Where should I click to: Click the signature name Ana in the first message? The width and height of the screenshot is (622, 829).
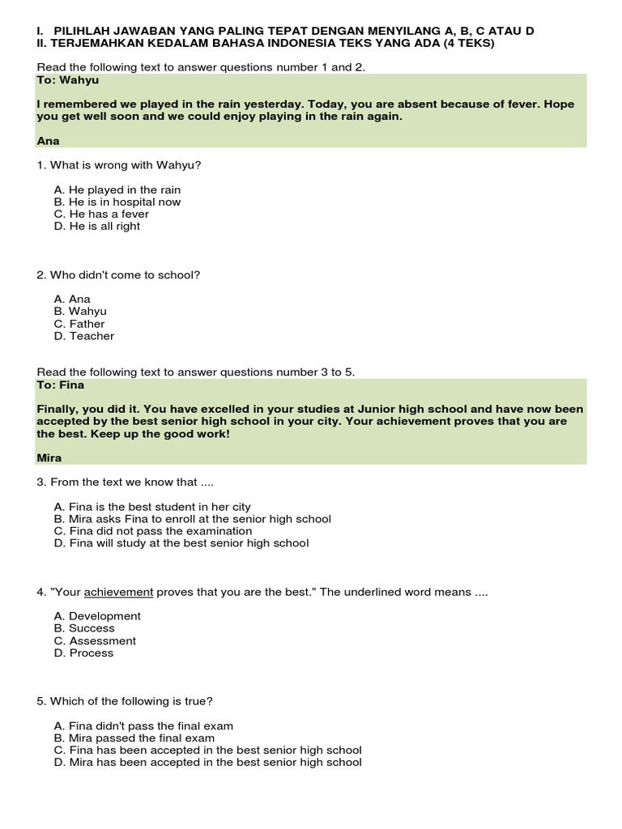[x=49, y=141]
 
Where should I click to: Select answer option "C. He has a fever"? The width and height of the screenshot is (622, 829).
[x=101, y=214]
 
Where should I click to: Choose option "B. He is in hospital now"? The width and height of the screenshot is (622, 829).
[x=117, y=202]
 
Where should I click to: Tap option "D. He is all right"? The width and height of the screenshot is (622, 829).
[x=97, y=227]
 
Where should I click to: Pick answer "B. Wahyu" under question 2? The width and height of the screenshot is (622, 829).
[x=80, y=312]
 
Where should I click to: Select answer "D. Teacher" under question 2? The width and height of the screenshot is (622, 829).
[x=84, y=336]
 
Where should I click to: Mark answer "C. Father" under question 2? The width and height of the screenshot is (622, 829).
[x=79, y=324]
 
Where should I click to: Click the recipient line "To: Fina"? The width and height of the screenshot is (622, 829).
[x=61, y=385]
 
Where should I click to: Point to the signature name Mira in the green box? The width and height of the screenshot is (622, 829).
[x=49, y=458]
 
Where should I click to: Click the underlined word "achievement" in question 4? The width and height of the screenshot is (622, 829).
[x=118, y=592]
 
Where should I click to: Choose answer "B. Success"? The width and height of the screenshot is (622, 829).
[x=84, y=628]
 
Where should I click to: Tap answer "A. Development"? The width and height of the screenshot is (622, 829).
[x=97, y=616]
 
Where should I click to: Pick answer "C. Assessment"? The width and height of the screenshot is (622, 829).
[x=95, y=640]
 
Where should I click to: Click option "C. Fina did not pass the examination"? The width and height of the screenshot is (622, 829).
[x=153, y=531]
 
